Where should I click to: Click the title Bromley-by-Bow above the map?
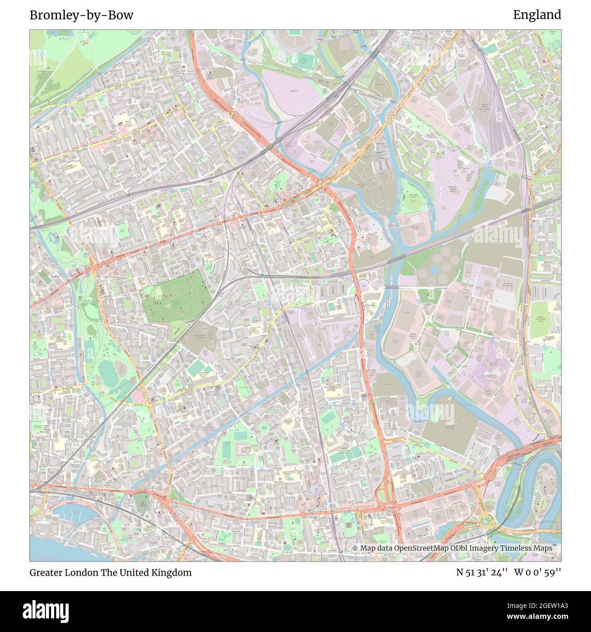81,15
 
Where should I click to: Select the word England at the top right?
537,15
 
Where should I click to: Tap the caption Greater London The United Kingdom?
110,572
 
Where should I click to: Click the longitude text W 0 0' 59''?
538,572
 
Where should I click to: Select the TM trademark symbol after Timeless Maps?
555,546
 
